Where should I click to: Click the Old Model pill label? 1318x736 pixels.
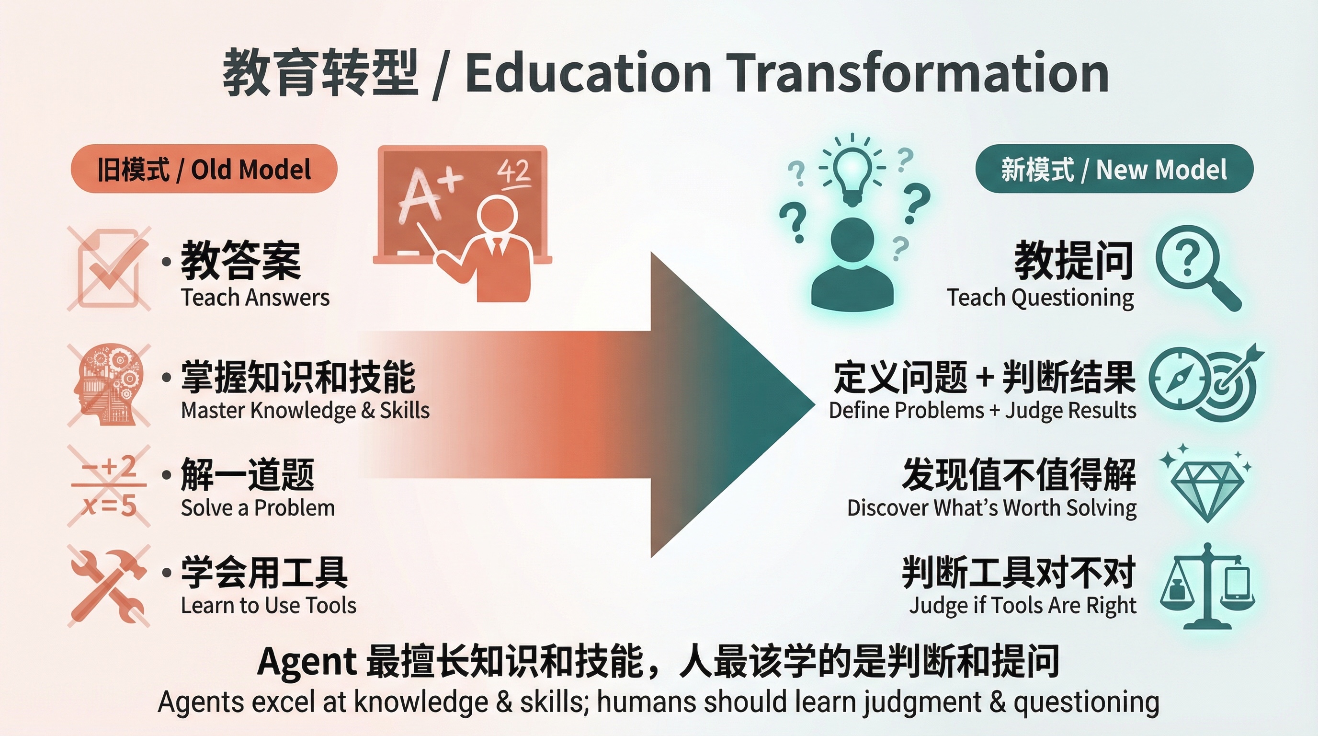click(x=204, y=169)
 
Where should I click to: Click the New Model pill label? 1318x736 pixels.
click(x=1114, y=169)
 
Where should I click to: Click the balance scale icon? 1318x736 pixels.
click(x=1207, y=586)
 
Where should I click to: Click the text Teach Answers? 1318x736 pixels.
click(x=255, y=298)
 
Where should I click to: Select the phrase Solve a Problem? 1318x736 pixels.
click(x=258, y=508)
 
